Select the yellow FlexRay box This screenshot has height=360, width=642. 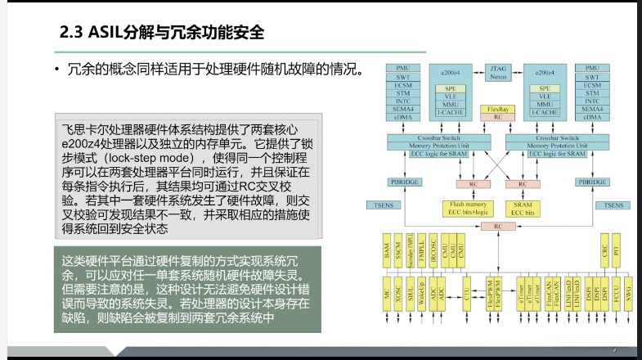(x=498, y=108)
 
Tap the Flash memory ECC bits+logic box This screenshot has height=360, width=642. (x=467, y=208)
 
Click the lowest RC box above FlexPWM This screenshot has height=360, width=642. (x=498, y=226)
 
